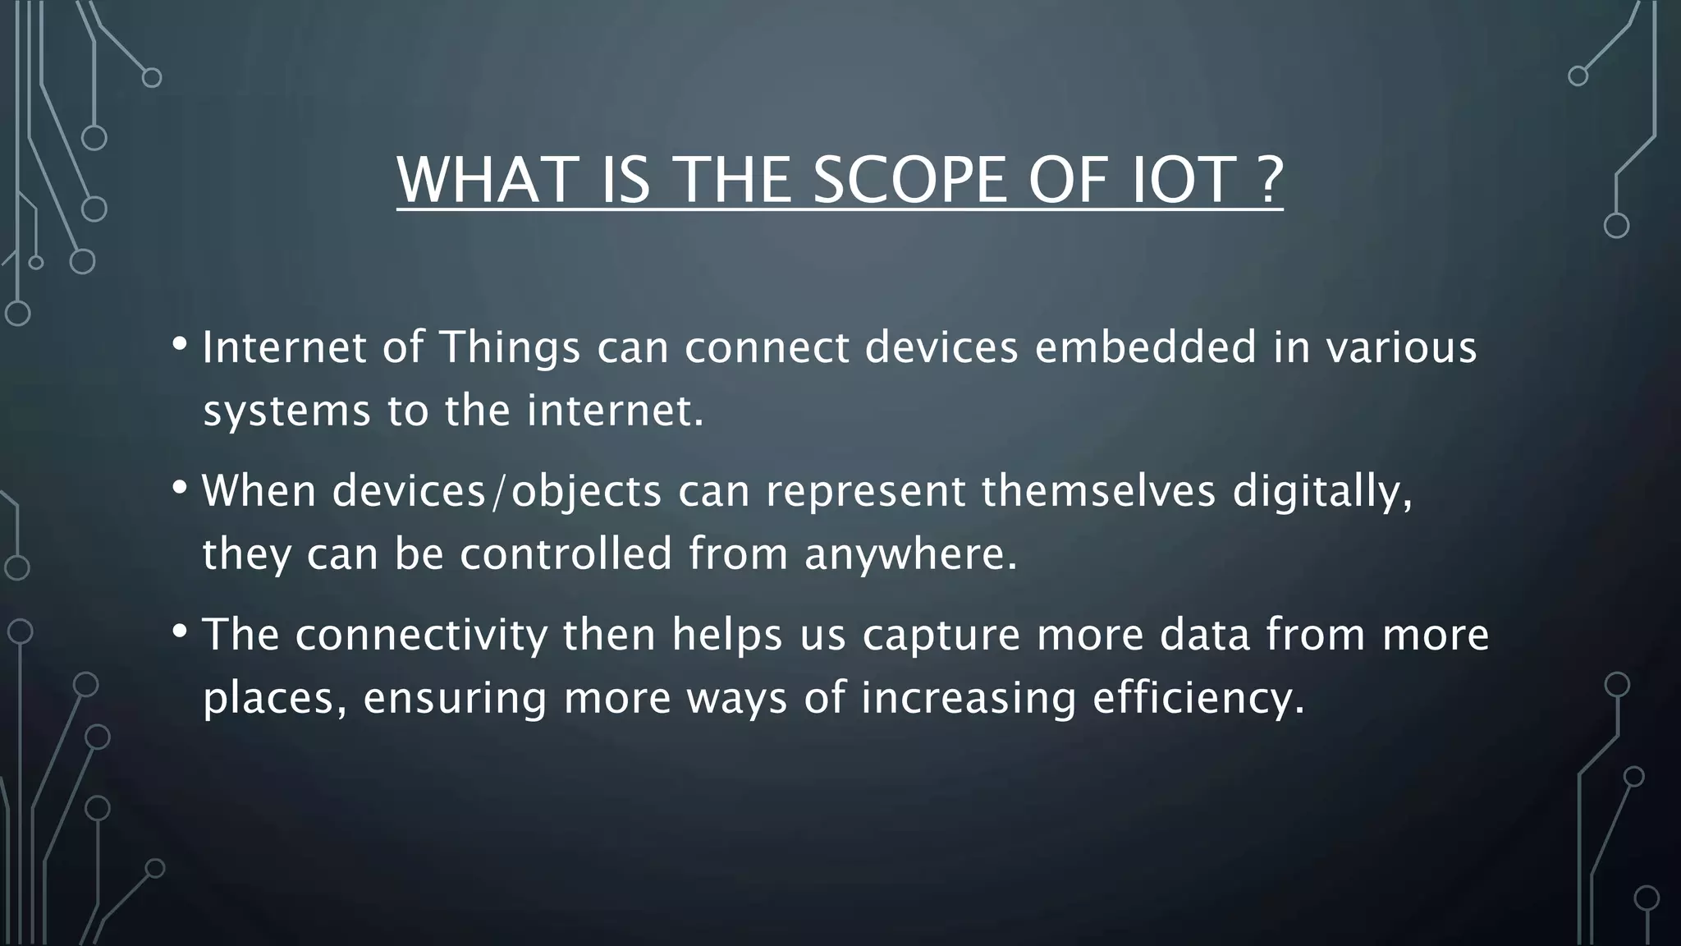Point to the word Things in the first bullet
(511, 348)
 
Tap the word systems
(286, 411)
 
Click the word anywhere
(910, 554)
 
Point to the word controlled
(566, 553)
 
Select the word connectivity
(421, 636)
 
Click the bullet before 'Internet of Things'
(179, 344)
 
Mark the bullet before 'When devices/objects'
(179, 488)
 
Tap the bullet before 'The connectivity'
(179, 631)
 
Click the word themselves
(1097, 491)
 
